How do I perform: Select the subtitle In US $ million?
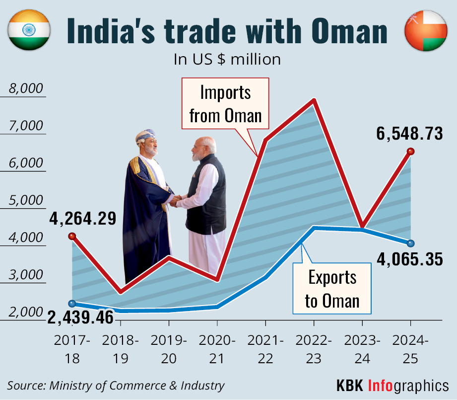pyautogui.click(x=227, y=60)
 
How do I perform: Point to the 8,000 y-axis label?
pyautogui.click(x=25, y=89)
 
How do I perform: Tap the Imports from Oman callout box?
pyautogui.click(x=225, y=104)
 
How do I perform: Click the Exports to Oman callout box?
pyautogui.click(x=332, y=289)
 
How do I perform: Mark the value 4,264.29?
pyautogui.click(x=82, y=218)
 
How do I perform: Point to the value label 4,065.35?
pyautogui.click(x=409, y=258)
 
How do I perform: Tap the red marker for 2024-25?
pyautogui.click(x=410, y=152)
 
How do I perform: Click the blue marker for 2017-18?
pyautogui.click(x=72, y=304)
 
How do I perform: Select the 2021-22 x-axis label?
pyautogui.click(x=265, y=350)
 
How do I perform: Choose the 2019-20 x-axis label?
pyautogui.click(x=169, y=350)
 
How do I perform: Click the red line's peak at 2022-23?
pyautogui.click(x=314, y=101)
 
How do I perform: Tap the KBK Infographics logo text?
pyautogui.click(x=392, y=385)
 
